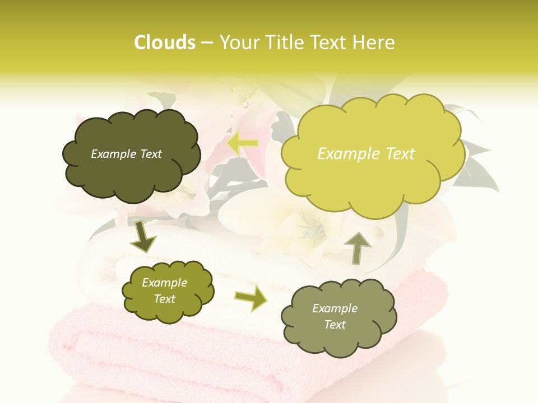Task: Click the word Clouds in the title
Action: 165,43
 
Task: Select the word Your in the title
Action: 240,43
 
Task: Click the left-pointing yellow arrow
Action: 243,143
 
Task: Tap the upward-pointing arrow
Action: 358,247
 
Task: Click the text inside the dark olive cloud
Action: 126,154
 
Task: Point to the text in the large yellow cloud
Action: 366,154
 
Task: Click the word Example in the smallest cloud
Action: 164,283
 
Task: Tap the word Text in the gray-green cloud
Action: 335,325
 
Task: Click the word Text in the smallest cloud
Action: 164,299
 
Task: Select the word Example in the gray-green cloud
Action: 335,308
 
